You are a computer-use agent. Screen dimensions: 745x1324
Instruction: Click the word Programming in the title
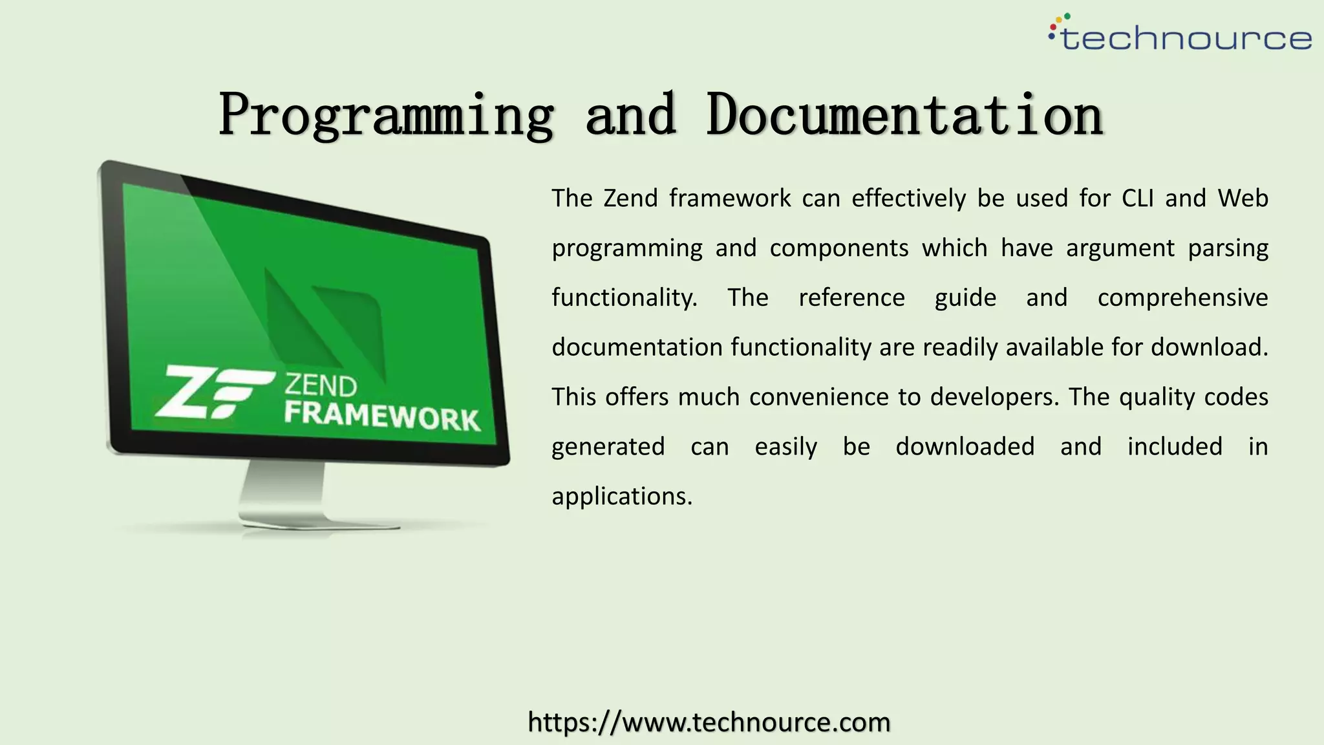click(x=386, y=115)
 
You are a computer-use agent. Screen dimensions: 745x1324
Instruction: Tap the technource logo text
click(x=1186, y=39)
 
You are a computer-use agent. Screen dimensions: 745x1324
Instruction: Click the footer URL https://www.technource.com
click(x=709, y=722)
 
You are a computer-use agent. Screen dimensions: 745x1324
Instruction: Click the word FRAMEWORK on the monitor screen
click(x=381, y=416)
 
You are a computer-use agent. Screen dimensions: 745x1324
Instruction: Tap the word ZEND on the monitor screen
click(x=321, y=386)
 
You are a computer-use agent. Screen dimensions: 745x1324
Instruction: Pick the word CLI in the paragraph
click(x=1137, y=199)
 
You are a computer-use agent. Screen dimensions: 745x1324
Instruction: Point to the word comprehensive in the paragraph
click(x=1182, y=298)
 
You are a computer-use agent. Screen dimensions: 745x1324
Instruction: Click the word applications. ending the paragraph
click(x=622, y=497)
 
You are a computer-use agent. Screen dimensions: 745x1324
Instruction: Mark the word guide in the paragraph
click(x=965, y=298)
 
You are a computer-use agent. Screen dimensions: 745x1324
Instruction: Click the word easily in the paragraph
click(x=785, y=447)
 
